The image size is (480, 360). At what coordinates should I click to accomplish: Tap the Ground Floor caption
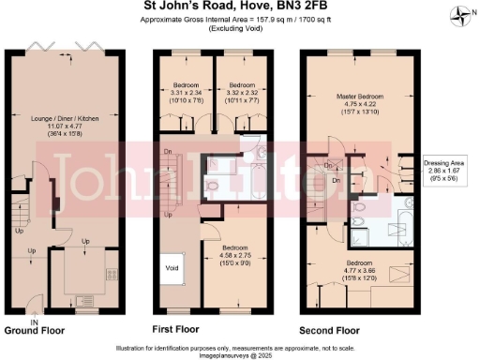point(35,331)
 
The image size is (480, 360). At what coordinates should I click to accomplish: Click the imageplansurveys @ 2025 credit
point(240,353)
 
